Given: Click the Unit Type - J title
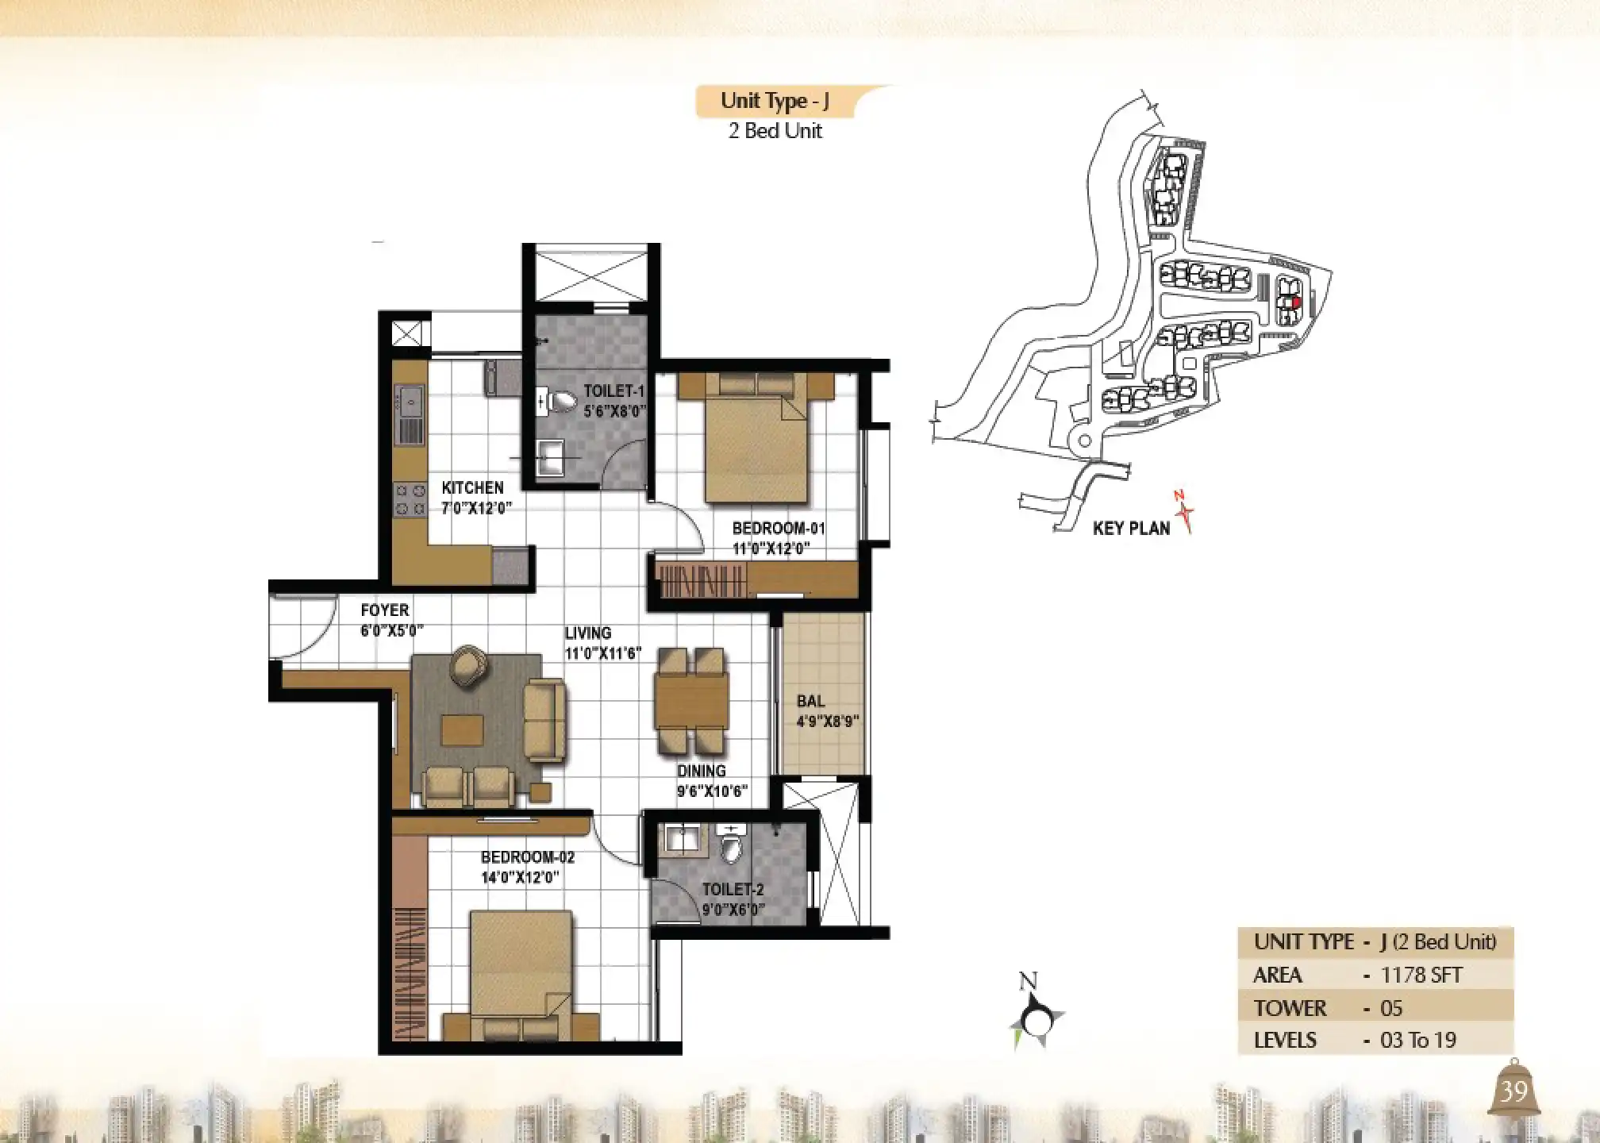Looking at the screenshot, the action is point(775,102).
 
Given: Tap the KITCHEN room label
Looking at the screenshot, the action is point(472,487).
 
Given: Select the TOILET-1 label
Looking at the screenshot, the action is point(614,391).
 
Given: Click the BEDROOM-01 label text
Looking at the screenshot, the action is point(779,528).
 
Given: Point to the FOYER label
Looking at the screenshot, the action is point(385,610).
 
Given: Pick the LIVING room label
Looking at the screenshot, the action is point(588,633).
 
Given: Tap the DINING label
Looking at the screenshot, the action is point(702,771).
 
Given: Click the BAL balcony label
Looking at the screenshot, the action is point(810,701).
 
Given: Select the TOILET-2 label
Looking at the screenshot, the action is point(733,890).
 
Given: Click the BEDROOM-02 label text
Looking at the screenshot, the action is point(528,857).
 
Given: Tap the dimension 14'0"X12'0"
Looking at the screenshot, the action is point(521,878).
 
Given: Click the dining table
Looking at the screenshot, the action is point(692,701).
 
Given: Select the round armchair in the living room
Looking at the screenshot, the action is point(469,665).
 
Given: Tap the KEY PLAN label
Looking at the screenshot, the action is point(1131,529).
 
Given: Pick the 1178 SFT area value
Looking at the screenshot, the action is point(1421,975).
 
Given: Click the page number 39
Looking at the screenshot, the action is point(1513,1091).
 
